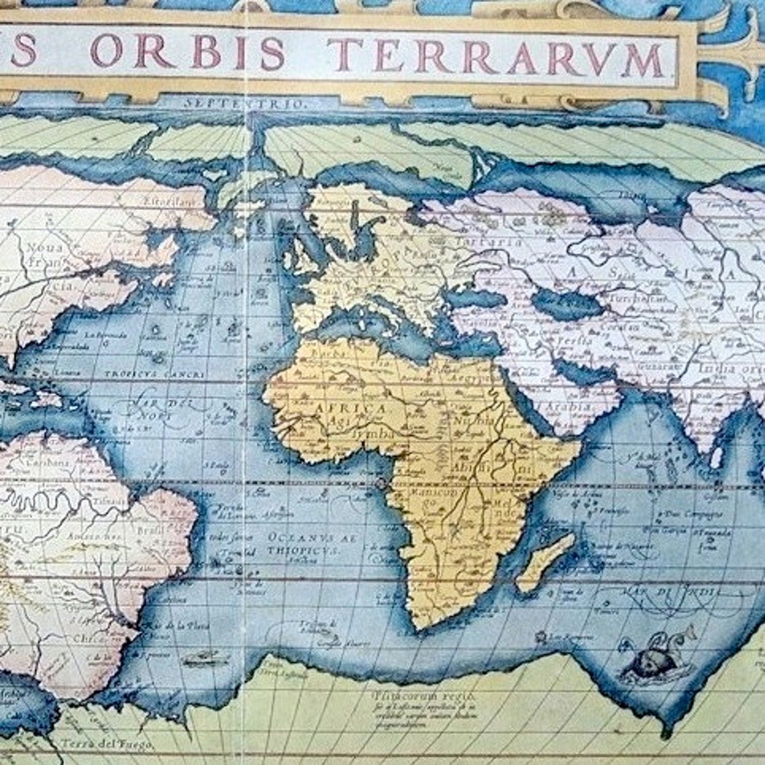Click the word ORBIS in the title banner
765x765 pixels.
pos(188,52)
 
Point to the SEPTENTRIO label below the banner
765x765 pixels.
pos(244,104)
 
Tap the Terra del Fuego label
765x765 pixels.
pos(107,744)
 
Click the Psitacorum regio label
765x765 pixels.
pos(403,686)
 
